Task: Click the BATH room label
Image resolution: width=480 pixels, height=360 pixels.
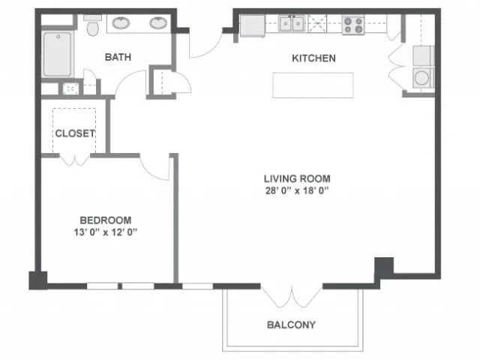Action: [118, 57]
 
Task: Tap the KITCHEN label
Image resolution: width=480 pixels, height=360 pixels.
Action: [313, 58]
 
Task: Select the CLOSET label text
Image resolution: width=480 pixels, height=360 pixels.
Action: [75, 133]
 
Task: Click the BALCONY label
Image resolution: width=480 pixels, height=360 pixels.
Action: [291, 325]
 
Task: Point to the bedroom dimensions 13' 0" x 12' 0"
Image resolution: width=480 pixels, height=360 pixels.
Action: [105, 232]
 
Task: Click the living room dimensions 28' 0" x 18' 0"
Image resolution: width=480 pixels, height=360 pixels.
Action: [297, 190]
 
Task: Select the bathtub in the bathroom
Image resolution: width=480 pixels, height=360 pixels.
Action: [58, 55]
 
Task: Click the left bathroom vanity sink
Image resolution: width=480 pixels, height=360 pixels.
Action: [121, 23]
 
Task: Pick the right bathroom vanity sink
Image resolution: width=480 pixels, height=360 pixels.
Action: [158, 23]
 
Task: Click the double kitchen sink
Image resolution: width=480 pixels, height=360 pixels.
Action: [292, 23]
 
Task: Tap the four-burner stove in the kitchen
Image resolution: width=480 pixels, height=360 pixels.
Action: [353, 25]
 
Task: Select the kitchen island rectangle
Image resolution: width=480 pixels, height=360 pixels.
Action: [313, 85]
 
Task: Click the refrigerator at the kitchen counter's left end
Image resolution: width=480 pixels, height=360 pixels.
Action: [253, 26]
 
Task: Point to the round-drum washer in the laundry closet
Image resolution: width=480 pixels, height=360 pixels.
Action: [422, 78]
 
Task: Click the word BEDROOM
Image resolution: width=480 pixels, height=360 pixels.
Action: [106, 220]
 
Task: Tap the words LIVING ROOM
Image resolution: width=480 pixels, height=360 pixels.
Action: [297, 178]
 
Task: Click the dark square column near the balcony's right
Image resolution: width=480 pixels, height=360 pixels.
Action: [384, 267]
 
